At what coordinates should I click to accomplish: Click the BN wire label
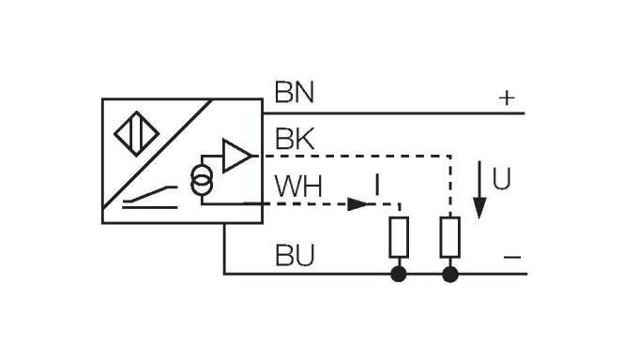[294, 93]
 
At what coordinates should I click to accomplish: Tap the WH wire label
[298, 187]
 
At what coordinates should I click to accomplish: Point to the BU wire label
[294, 254]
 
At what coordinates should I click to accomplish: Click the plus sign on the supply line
[507, 97]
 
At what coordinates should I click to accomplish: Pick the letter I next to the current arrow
[377, 187]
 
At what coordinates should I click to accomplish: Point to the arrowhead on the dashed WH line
[359, 203]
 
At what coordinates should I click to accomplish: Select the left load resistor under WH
[400, 237]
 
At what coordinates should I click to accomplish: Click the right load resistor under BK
[450, 237]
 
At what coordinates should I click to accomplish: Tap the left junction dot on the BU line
[400, 275]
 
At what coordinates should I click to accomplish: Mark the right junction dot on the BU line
[450, 275]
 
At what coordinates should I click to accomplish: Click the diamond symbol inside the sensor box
[130, 131]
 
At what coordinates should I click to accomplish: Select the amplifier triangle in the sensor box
[237, 155]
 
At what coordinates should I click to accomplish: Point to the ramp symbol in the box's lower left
[150, 198]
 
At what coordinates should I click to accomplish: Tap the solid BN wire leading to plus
[394, 113]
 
